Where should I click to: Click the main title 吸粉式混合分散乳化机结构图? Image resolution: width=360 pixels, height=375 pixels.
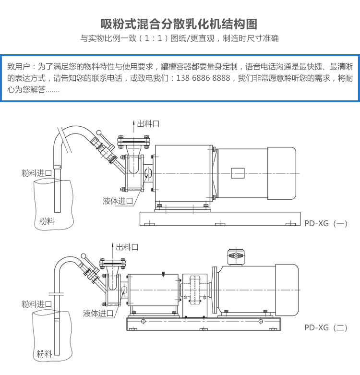point(180,24)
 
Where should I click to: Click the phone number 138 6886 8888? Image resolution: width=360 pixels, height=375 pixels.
point(204,78)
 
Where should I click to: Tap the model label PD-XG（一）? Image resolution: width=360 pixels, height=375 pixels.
point(325,223)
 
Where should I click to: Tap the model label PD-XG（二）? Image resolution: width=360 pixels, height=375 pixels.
point(325,328)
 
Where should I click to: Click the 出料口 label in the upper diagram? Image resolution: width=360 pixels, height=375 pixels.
point(148,124)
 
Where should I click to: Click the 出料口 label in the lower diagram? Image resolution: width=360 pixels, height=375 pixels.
point(127,247)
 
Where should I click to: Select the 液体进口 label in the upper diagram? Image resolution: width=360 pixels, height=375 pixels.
point(118,201)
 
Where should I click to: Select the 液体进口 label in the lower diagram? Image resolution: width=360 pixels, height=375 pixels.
point(98,313)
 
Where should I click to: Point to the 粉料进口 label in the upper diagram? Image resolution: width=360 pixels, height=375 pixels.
point(36,173)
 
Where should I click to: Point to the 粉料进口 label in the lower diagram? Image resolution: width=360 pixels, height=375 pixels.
point(36,304)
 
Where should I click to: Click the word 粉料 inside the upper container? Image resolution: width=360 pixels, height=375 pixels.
point(47,221)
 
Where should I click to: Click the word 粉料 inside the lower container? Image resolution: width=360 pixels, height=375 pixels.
point(44,354)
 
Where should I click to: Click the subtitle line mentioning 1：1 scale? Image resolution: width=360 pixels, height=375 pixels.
point(180,38)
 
